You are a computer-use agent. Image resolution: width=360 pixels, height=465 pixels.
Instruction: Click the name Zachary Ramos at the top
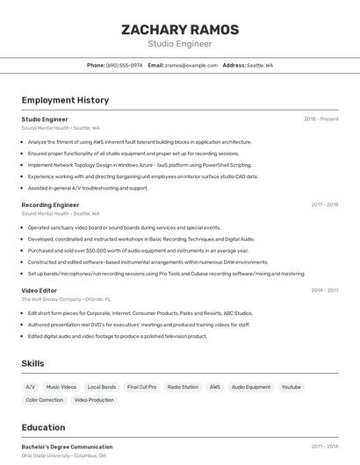point(179,29)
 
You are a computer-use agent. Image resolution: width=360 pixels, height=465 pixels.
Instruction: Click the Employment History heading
point(65,100)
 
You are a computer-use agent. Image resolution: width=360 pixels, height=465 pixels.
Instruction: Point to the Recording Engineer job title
point(50,204)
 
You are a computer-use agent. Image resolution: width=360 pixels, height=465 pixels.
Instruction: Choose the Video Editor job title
point(40,290)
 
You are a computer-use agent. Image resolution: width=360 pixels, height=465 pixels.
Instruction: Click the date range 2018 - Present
point(320,118)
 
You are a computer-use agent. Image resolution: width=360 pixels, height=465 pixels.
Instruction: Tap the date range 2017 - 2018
point(324,204)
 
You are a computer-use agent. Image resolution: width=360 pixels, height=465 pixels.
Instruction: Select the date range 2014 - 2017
point(324,290)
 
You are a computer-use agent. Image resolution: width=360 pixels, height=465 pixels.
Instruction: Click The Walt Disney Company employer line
point(67,299)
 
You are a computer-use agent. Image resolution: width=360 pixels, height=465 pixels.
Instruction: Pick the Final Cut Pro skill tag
point(141,387)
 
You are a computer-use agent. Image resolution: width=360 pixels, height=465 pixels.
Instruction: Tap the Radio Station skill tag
point(183,387)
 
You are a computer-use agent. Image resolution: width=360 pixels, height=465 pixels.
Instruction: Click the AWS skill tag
point(215,387)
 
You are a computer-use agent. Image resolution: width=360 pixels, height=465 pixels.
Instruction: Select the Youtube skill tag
point(292,387)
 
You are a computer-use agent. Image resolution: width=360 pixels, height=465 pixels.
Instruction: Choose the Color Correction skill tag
point(44,400)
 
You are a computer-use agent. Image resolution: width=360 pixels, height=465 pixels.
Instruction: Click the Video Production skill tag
point(94,400)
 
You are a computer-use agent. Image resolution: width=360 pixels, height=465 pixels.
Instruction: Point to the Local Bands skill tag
point(102,387)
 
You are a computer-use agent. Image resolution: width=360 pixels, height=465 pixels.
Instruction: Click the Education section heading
point(43,427)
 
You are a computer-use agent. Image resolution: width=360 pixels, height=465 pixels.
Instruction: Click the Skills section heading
point(32,363)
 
